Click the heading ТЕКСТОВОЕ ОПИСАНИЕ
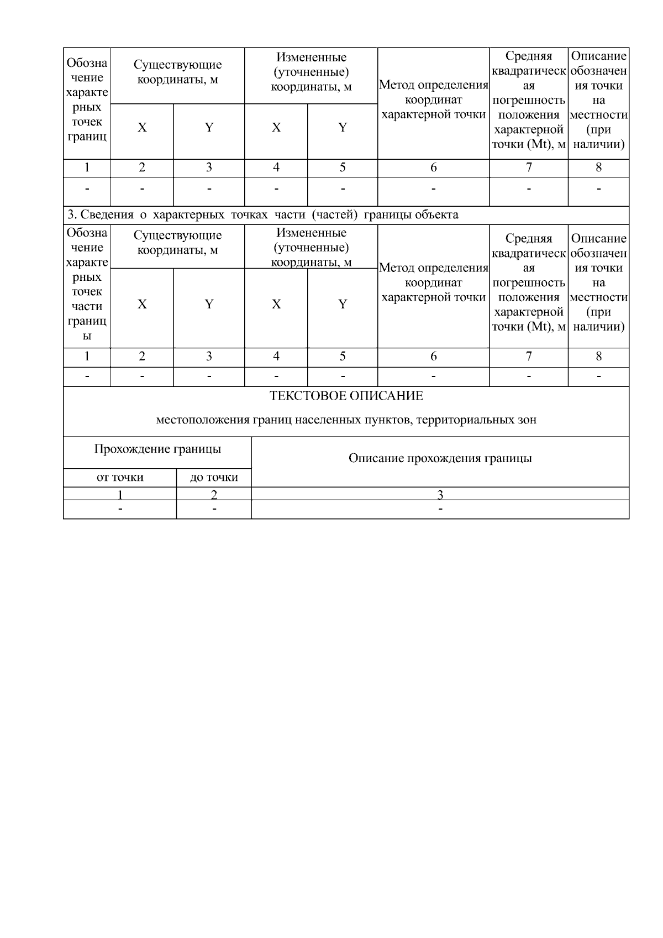(x=346, y=396)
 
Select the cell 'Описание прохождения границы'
(x=440, y=458)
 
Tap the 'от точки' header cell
(x=120, y=478)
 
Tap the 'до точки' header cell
(x=214, y=478)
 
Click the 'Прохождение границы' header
(x=157, y=449)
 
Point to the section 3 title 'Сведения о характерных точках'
(x=263, y=214)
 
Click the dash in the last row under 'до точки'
(x=214, y=509)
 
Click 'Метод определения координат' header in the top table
(x=433, y=100)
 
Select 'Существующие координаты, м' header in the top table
(x=177, y=72)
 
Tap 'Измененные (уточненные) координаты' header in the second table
(x=311, y=247)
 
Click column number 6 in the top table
(x=433, y=167)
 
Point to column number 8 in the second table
(x=598, y=357)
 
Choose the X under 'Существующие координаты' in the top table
(x=142, y=128)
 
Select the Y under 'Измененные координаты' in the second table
(x=342, y=305)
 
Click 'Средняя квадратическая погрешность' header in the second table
(x=528, y=282)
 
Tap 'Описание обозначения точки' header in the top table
(x=598, y=100)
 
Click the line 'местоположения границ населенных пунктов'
(x=346, y=420)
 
